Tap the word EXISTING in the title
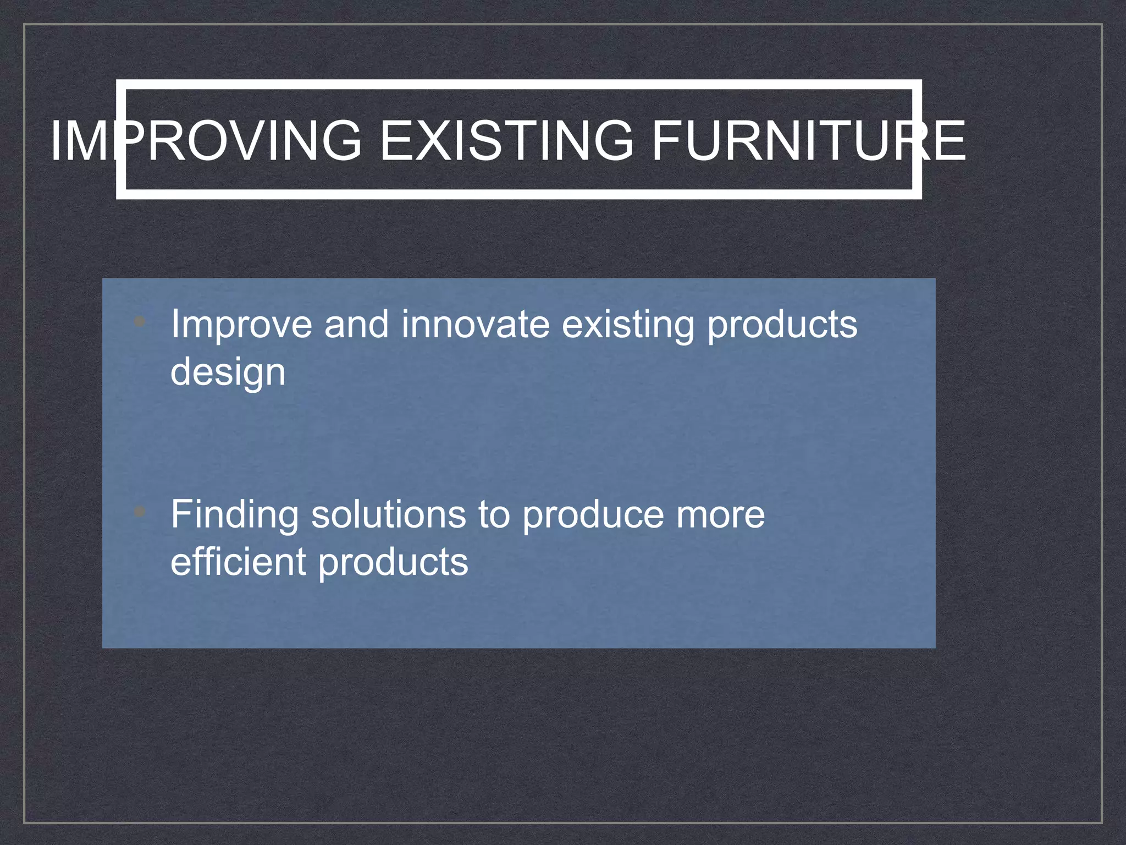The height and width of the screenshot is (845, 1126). pos(506,141)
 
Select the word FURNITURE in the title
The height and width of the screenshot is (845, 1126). pos(808,141)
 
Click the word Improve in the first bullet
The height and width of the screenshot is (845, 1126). pos(241,325)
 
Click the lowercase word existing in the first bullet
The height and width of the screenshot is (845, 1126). pos(627,325)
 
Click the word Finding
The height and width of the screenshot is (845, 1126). pos(235,515)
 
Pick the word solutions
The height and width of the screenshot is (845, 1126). pos(389,515)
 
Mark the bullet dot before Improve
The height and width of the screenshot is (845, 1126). pos(140,321)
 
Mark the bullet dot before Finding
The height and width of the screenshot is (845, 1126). pos(140,512)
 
